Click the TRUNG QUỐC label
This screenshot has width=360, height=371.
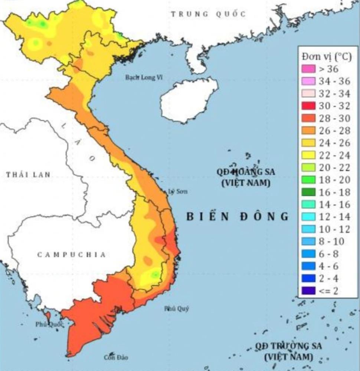[208, 14]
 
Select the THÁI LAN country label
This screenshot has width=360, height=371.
[28, 175]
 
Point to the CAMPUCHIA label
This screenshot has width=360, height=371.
[72, 255]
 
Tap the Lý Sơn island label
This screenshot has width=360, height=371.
[178, 191]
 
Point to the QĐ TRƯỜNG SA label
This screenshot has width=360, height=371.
[288, 346]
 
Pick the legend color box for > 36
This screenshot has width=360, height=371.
[309, 69]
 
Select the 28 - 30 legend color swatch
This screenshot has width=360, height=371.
[309, 118]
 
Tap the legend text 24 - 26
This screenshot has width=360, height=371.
[334, 143]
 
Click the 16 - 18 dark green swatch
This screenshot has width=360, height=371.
[309, 192]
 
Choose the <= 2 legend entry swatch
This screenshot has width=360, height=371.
[309, 290]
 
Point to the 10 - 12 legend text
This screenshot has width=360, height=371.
[334, 229]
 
